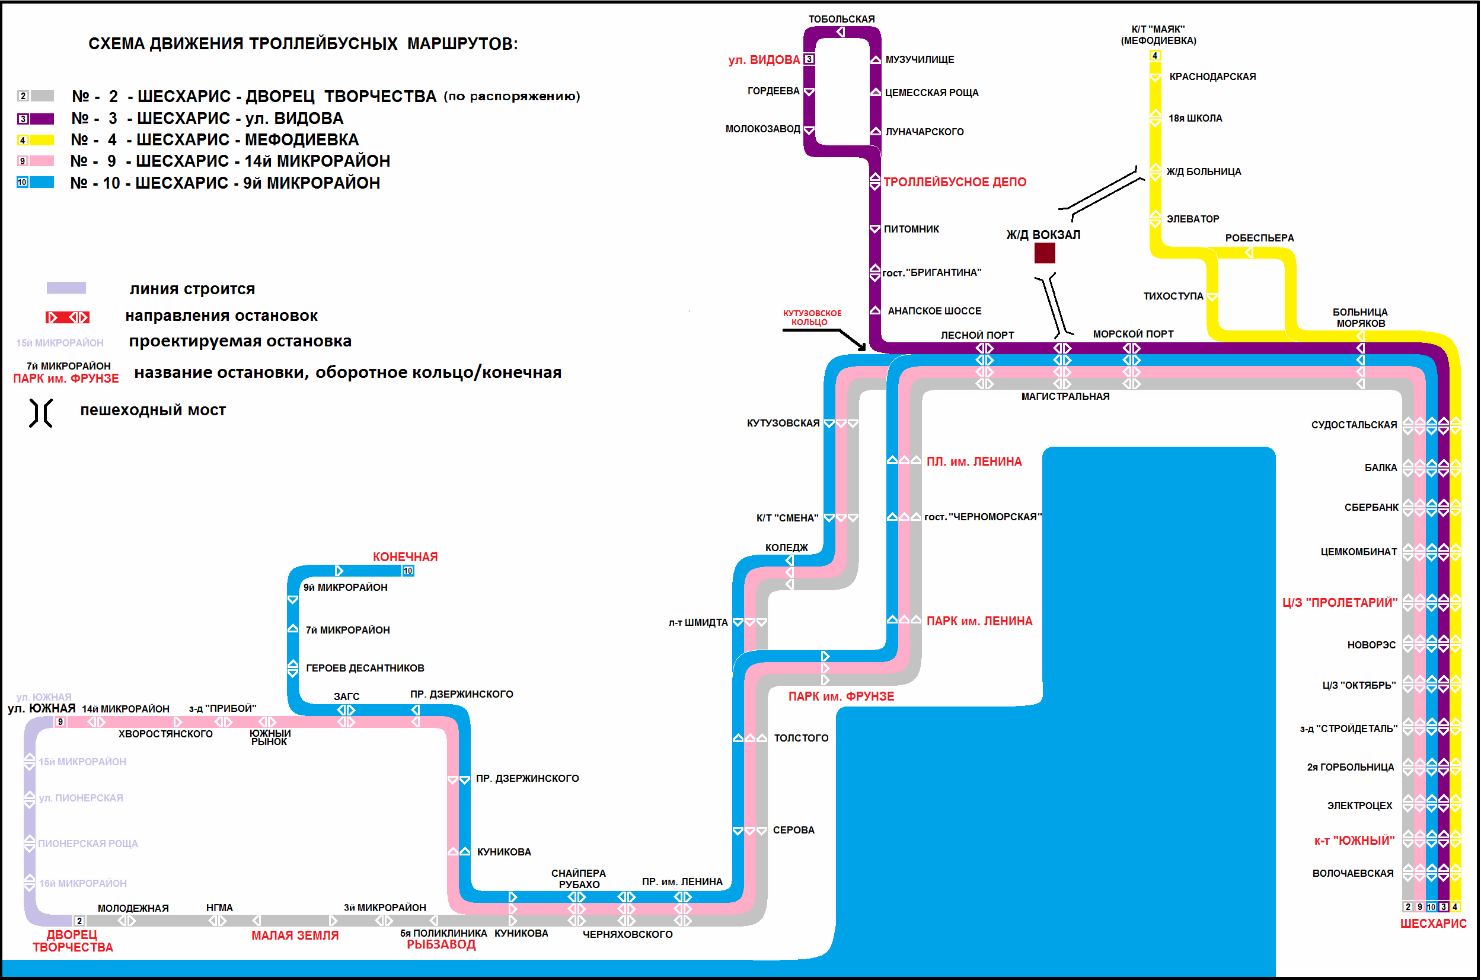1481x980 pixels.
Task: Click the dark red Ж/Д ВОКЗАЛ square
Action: tap(1045, 253)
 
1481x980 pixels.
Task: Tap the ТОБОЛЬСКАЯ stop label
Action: tap(841, 20)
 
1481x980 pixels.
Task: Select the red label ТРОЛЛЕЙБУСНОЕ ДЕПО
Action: tap(955, 182)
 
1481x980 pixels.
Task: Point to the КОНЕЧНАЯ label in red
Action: tap(405, 557)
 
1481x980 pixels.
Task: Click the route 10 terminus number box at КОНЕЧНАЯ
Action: tap(408, 571)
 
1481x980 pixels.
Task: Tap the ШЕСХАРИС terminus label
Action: tap(1433, 923)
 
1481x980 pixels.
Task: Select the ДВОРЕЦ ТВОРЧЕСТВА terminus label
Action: tap(72, 941)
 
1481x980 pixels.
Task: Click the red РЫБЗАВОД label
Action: tap(441, 944)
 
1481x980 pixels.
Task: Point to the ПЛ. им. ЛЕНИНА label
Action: tap(974, 462)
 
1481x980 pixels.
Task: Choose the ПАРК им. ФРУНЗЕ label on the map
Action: tap(841, 696)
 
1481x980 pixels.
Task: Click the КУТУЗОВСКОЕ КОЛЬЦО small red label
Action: tap(812, 317)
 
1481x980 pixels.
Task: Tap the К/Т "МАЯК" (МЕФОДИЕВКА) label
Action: tap(1158, 35)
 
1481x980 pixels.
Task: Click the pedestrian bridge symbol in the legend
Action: tap(40, 412)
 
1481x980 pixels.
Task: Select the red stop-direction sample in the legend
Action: tap(68, 317)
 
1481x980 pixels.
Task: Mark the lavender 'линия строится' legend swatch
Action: tap(66, 288)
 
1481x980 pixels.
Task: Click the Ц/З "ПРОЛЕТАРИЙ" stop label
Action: tap(1339, 603)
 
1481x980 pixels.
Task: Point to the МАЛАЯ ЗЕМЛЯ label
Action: tap(295, 936)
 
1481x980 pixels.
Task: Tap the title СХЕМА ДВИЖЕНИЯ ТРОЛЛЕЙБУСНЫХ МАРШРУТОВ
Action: tap(303, 44)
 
